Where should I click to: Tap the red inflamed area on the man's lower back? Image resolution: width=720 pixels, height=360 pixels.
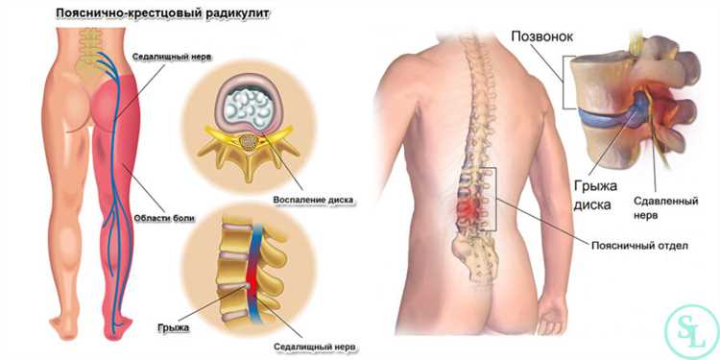coord(469,206)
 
